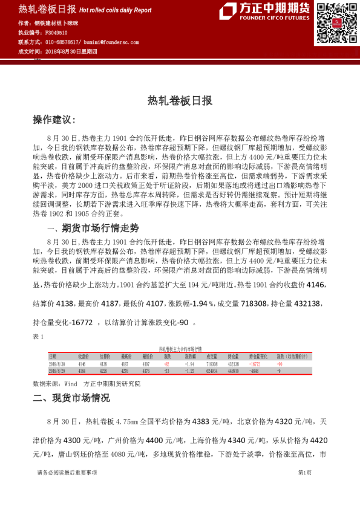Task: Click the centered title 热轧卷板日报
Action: coord(180,101)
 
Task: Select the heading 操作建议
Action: coord(54,120)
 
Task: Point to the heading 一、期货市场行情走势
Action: coord(93,228)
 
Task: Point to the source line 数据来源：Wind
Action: coord(64,383)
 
